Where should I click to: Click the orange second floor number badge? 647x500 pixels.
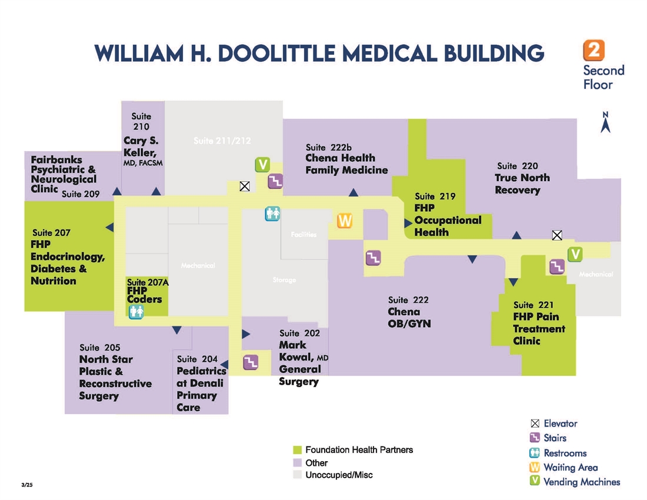(x=593, y=50)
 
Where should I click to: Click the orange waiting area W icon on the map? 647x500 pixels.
(x=345, y=221)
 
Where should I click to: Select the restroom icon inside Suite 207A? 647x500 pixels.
(x=136, y=312)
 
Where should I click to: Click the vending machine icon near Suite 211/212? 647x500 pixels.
(x=262, y=164)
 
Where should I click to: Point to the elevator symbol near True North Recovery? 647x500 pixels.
(x=557, y=235)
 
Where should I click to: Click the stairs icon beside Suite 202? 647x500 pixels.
(x=251, y=362)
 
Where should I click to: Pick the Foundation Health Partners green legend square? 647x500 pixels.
(x=297, y=450)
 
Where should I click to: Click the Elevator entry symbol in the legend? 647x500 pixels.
(x=535, y=423)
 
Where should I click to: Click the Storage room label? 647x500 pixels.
(x=284, y=280)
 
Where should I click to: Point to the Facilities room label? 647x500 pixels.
(x=304, y=235)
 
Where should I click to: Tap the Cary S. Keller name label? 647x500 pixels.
(x=142, y=147)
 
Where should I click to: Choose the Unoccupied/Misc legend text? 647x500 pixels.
(x=339, y=475)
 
